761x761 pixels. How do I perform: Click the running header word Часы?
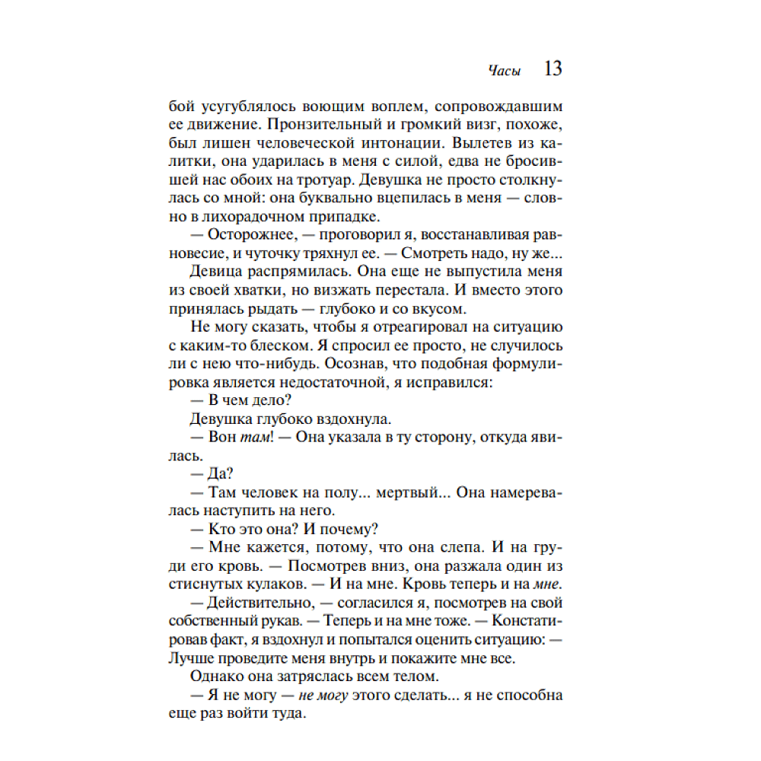[505, 71]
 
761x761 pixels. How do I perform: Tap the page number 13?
[553, 69]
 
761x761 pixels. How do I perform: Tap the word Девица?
[212, 272]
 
